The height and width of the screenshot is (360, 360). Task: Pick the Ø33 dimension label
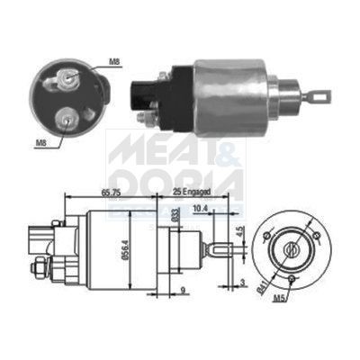point(173,215)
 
